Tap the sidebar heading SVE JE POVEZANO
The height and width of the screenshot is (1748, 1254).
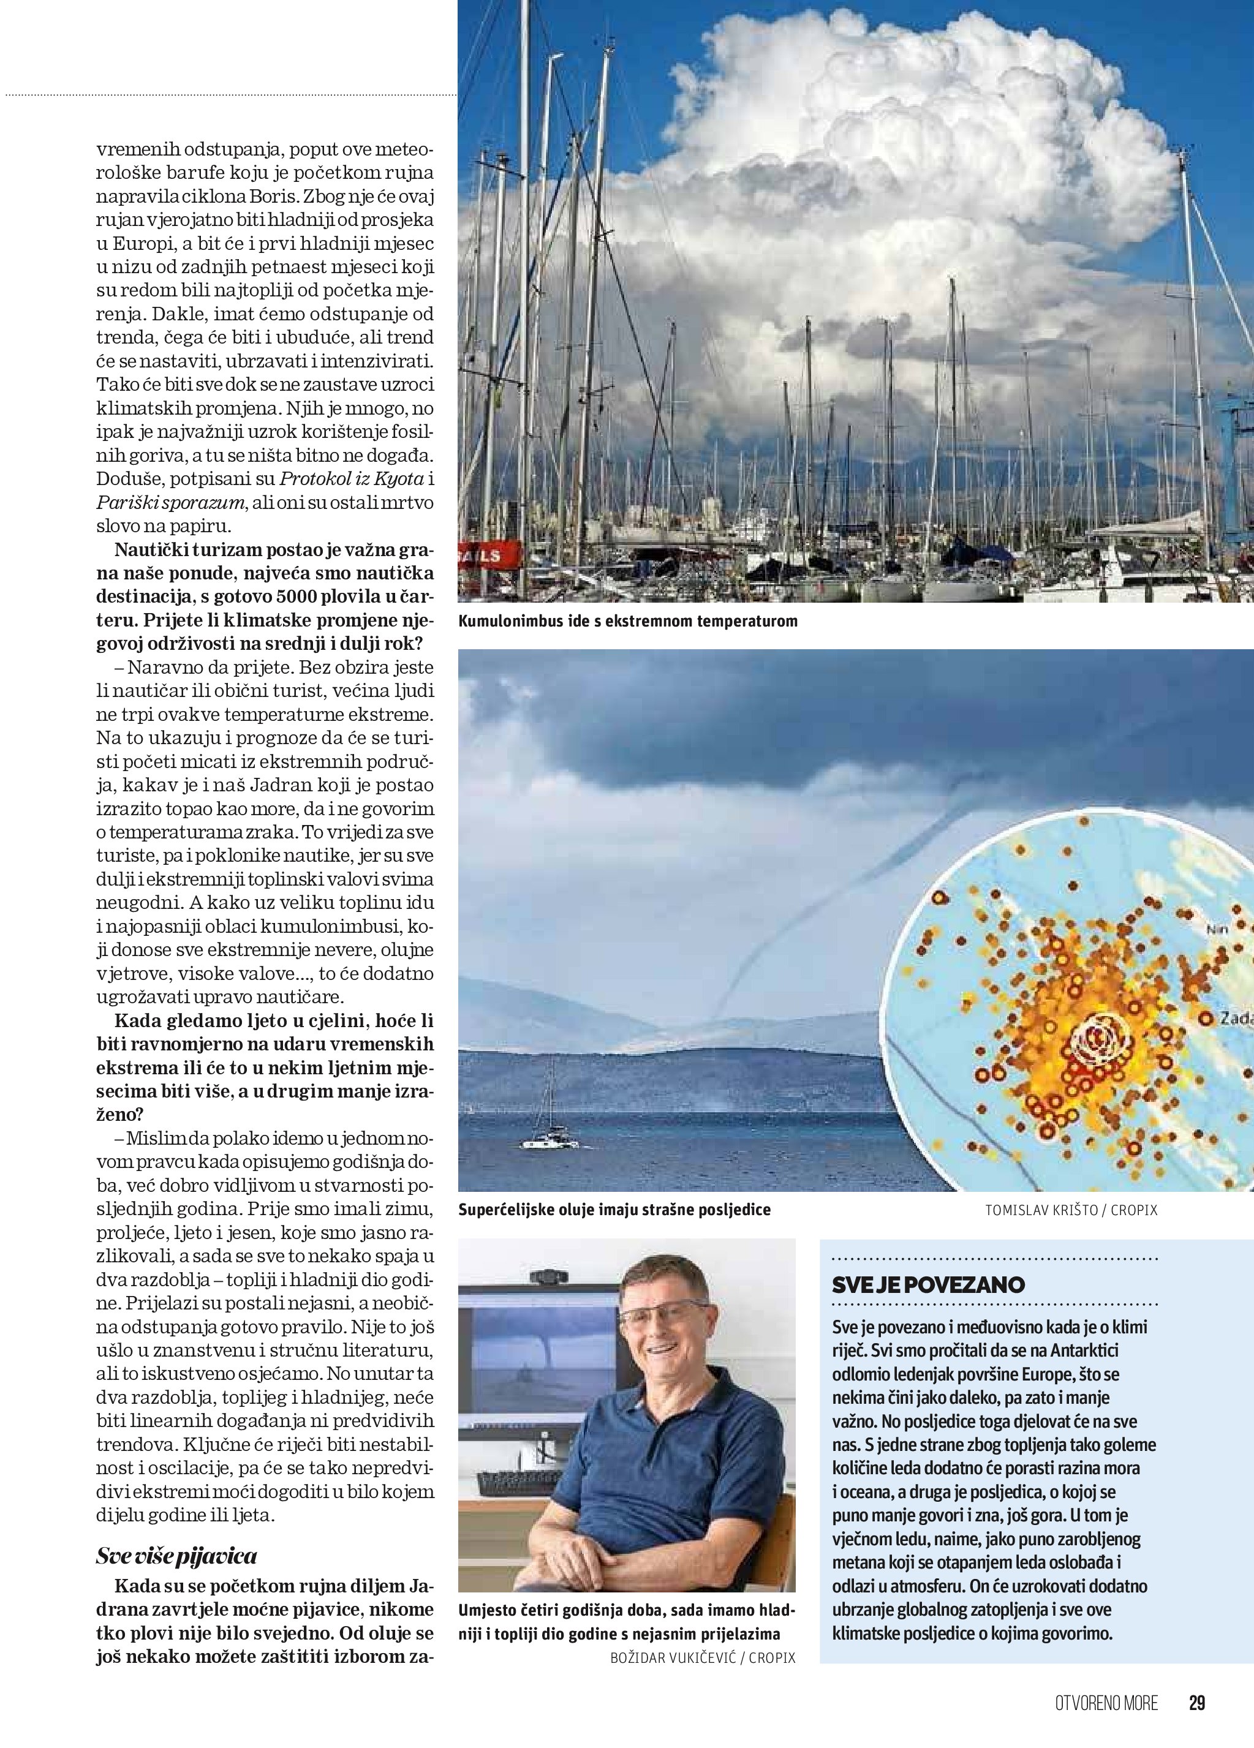(x=928, y=1285)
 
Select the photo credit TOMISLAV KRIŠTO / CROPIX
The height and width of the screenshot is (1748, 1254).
(x=1071, y=1211)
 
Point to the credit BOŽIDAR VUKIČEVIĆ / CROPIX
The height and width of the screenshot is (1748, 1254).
(x=702, y=1657)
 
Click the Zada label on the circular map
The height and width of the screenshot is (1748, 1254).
(x=1236, y=1018)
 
